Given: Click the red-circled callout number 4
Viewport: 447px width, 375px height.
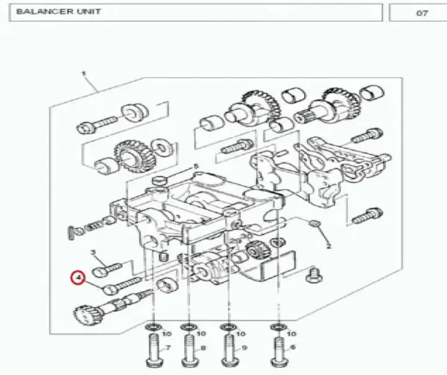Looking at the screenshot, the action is (x=79, y=277).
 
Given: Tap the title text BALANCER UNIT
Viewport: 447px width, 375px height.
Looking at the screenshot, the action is (x=58, y=12).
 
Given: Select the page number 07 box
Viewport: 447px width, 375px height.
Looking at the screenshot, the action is (x=418, y=13).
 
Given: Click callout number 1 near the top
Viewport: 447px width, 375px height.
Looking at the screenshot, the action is (x=83, y=74).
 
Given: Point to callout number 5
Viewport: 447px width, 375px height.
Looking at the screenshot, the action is (x=195, y=166).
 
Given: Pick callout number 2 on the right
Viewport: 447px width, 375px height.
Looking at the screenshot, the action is (x=329, y=246).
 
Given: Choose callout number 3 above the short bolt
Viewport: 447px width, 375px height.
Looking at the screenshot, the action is (x=93, y=252).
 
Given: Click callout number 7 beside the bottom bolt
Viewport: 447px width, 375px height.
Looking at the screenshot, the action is (x=168, y=347).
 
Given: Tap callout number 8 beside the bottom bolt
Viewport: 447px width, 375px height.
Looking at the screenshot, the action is (x=203, y=347).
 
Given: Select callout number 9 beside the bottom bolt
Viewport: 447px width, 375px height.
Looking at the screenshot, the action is (x=244, y=347).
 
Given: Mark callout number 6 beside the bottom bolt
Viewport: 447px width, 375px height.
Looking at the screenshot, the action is (x=293, y=347).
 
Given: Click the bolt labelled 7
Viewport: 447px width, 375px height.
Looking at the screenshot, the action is (x=154, y=350).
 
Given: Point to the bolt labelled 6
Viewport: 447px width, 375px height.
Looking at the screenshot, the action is (x=279, y=350).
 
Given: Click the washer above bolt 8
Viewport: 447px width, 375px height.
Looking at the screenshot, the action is (x=188, y=327).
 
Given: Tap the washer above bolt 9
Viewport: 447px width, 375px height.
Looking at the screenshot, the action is (x=228, y=327).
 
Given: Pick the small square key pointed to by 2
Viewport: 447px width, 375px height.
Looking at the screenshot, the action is (x=314, y=223).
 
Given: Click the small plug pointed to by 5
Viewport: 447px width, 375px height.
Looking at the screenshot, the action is (x=159, y=180).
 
